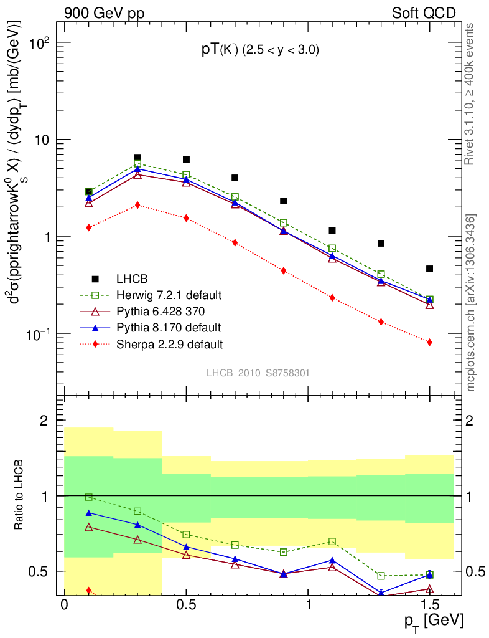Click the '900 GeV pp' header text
click(103, 13)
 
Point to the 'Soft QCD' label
click(423, 13)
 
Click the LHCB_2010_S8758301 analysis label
click(258, 373)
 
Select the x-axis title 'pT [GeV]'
click(432, 621)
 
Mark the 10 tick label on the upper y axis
click(42, 140)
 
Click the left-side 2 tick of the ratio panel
click(44, 421)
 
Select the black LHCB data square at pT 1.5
click(429, 269)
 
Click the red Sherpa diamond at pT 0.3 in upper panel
click(137, 205)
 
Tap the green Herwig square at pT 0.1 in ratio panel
click(89, 497)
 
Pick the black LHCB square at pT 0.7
click(235, 178)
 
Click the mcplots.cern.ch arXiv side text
click(471, 302)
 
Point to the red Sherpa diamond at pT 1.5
click(429, 342)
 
